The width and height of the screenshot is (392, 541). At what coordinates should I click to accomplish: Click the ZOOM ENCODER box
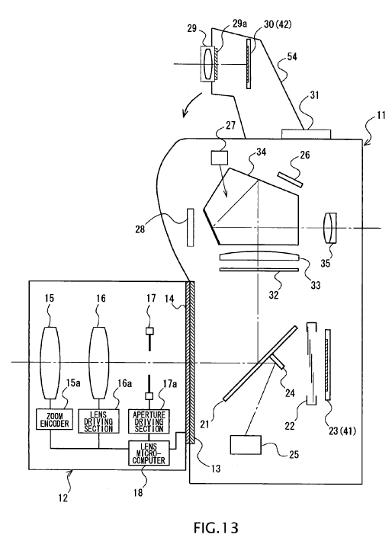(x=55, y=419)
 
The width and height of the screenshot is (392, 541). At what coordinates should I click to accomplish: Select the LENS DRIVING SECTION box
(x=98, y=421)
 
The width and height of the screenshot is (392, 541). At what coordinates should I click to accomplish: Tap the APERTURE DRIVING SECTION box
(x=149, y=421)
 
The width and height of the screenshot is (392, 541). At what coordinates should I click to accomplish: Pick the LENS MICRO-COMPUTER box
(x=149, y=453)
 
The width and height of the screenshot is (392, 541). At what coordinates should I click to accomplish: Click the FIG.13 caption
(x=216, y=527)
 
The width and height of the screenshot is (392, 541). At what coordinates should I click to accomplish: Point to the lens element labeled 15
(x=50, y=362)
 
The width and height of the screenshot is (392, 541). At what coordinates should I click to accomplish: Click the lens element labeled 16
(x=99, y=362)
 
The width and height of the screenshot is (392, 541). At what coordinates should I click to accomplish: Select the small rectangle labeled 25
(x=246, y=445)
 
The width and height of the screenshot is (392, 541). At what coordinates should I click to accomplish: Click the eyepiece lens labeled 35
(x=329, y=229)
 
